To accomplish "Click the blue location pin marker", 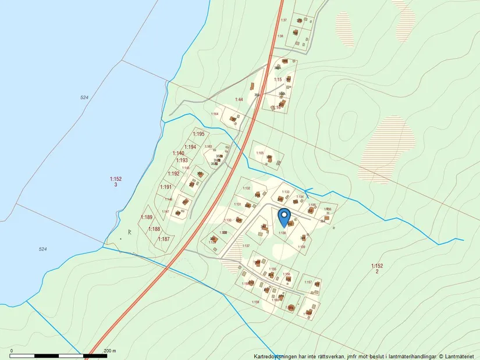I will [285, 217].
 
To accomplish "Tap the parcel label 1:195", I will [199, 134].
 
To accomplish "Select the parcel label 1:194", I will [190, 147].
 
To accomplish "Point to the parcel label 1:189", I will [146, 218].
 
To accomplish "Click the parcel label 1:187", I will [163, 239].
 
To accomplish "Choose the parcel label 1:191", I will [166, 187].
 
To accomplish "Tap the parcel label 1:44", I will [239, 100].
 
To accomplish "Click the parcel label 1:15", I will [278, 80].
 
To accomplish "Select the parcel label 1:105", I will [259, 153].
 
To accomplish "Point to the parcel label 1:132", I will [246, 188].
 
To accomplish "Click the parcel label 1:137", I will [246, 246].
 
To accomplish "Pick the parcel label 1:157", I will [308, 282].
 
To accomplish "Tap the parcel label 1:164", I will [215, 114].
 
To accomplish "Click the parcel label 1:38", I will [280, 36].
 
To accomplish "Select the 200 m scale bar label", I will [110, 351].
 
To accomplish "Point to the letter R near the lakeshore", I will [130, 233].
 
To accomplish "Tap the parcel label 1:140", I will [178, 154].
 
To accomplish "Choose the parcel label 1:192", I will [173, 174].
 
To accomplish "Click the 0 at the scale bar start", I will [12, 351].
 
